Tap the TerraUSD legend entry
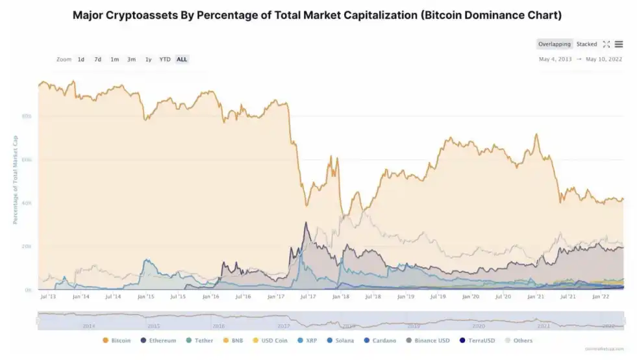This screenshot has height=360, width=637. point(479,341)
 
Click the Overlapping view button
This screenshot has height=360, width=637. point(554,44)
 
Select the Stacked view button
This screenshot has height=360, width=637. point(586,44)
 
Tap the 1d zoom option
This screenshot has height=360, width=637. point(81,59)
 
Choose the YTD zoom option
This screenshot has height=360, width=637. point(165,59)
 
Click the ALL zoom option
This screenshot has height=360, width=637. point(182,59)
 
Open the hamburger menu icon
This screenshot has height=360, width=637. point(619,44)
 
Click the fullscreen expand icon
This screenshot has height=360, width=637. point(606,44)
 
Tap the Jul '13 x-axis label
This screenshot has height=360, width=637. point(47,296)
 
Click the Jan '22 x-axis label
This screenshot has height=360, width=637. point(601,296)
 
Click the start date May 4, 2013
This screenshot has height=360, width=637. point(555,59)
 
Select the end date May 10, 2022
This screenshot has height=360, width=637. point(604,59)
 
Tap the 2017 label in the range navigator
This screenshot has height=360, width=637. point(284,325)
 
